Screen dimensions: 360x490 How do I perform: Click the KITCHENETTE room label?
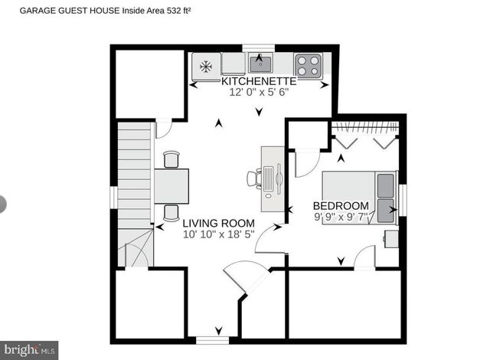[x=259, y=81]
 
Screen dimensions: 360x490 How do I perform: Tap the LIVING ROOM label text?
[x=218, y=224]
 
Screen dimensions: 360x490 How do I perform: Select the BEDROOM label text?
[x=341, y=206]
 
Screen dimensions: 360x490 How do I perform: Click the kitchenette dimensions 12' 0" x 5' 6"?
[x=259, y=92]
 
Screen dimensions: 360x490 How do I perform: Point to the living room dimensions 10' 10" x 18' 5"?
[x=218, y=234]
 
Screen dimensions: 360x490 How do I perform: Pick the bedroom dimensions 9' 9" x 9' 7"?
[x=341, y=217]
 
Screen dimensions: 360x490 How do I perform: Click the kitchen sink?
[x=260, y=62]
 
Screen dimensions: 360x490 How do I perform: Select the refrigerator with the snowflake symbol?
[x=206, y=66]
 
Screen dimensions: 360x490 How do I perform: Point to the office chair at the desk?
[x=253, y=178]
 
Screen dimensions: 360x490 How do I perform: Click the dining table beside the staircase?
[x=171, y=185]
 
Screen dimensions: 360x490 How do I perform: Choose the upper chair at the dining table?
[x=171, y=159]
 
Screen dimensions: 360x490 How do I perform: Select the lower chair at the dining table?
[x=171, y=212]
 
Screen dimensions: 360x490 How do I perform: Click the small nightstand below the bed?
[x=390, y=237]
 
